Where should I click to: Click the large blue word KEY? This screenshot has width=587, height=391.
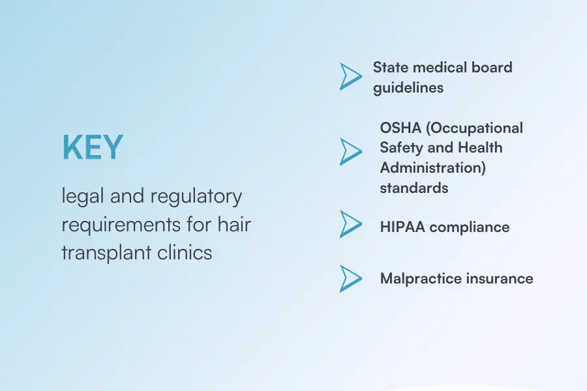93,147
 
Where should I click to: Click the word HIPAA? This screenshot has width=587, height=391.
402,227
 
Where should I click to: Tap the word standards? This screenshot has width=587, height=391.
414,188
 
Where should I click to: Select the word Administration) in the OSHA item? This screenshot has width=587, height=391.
433,168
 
